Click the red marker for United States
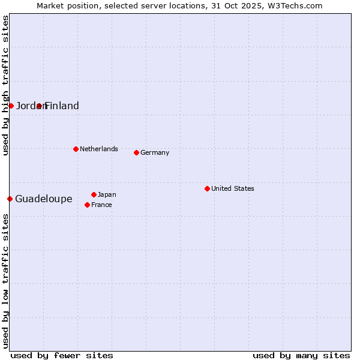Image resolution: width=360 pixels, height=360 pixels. tap(207, 188)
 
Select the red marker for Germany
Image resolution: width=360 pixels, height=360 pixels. tap(136, 152)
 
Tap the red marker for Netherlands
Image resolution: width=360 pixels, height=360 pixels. tap(76, 149)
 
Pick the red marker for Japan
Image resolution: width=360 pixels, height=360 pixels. tap(94, 194)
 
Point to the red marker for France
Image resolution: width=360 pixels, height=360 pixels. tap(87, 205)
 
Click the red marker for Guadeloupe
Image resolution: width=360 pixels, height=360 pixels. tap(10, 199)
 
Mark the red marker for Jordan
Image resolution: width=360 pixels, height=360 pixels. tap(11, 106)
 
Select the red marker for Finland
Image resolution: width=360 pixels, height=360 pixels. tap(39, 106)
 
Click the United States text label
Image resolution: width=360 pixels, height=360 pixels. tap(233, 188)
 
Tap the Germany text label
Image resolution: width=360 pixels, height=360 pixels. tap(155, 152)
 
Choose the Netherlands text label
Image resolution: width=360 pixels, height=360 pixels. tap(99, 149)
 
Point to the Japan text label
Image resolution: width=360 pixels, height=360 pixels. tap(107, 194)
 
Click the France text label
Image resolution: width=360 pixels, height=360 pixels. tap(101, 205)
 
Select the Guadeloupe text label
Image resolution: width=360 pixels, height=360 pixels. tap(44, 199)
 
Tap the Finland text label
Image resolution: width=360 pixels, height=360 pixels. tap(62, 106)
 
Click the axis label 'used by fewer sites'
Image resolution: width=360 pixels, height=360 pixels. tap(62, 355)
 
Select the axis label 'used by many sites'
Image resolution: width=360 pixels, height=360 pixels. tap(301, 355)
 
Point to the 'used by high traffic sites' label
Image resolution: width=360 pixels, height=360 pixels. tap(5, 85)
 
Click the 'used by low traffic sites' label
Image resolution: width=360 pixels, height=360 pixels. tap(5, 281)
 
